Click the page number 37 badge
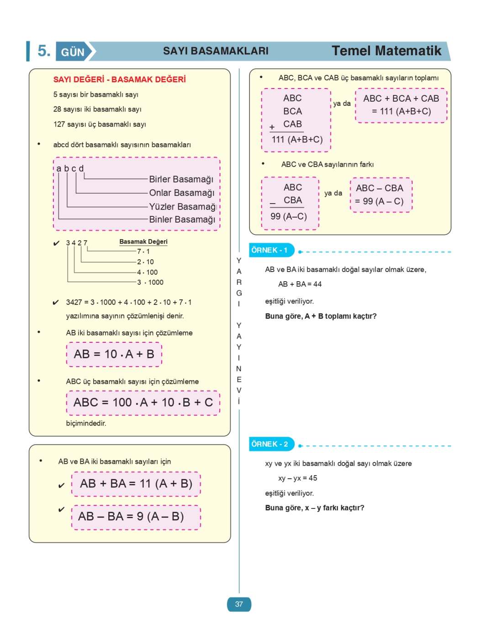(x=239, y=604)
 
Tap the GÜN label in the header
(x=73, y=52)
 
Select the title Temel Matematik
(x=386, y=51)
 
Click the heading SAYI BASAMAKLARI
(x=216, y=51)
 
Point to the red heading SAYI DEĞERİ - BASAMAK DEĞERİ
(x=119, y=79)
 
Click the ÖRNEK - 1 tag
(x=270, y=250)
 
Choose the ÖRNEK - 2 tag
(x=270, y=444)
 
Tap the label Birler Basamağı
(x=181, y=179)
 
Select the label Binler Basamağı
(x=182, y=220)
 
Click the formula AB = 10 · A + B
(x=114, y=354)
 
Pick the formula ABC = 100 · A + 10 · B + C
(x=143, y=403)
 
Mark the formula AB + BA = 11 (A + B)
(x=136, y=484)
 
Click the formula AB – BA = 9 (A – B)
(x=131, y=517)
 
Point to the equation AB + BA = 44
(x=300, y=284)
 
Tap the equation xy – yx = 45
(x=297, y=478)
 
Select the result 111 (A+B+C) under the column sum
(x=297, y=140)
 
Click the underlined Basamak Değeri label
(x=143, y=242)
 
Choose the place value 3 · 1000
(x=150, y=283)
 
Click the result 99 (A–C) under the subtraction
(x=289, y=216)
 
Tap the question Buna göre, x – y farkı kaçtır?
(x=315, y=508)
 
